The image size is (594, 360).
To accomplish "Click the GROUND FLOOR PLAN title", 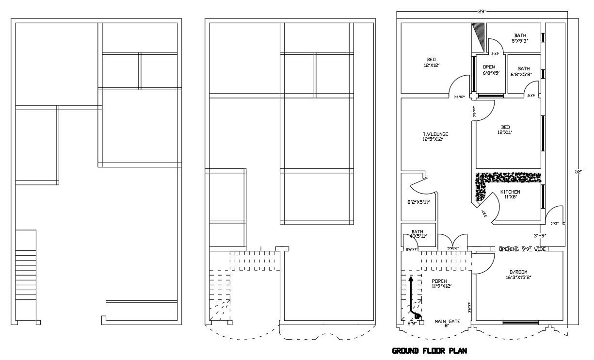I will [430, 351].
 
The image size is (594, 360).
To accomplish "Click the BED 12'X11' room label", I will [504, 129].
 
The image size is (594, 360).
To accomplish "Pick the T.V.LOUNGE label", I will [435, 136].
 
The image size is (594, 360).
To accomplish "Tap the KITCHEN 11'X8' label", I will [510, 195].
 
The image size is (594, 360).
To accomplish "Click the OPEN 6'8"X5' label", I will [489, 69].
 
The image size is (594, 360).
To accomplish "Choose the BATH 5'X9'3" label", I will [520, 38].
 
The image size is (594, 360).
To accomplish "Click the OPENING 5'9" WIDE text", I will [523, 249].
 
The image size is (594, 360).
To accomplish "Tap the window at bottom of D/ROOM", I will [520, 322].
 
